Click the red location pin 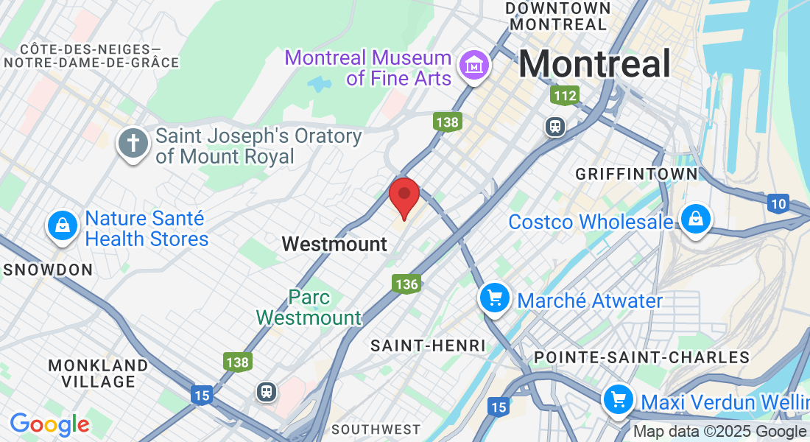tap(404, 196)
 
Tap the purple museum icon tap(474, 66)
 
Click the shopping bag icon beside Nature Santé tap(63, 225)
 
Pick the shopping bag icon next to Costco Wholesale tap(694, 219)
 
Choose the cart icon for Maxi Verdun tap(618, 400)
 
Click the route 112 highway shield tap(565, 95)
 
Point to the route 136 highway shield tap(406, 284)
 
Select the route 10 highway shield tap(778, 204)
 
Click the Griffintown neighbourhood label tap(636, 174)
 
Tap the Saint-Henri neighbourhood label tap(428, 345)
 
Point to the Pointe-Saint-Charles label tap(641, 357)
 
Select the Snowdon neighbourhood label tap(49, 270)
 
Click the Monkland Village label tap(98, 373)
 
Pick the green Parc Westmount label tap(309, 307)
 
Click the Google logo tap(49, 424)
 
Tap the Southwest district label tap(376, 429)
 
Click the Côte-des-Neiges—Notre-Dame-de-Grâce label tap(91, 56)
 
